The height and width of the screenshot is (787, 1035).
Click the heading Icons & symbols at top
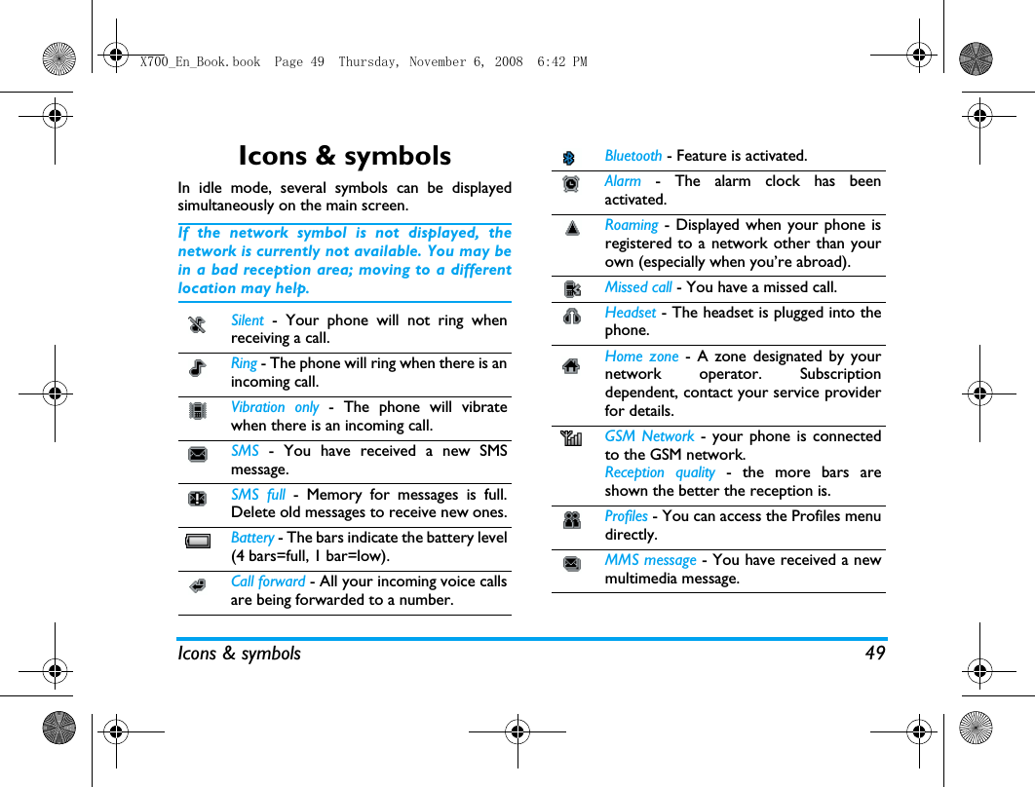pyautogui.click(x=344, y=156)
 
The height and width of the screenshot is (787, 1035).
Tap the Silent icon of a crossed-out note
pyautogui.click(x=197, y=325)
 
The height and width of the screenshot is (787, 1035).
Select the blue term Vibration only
pyautogui.click(x=275, y=407)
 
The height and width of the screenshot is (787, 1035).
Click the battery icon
pyautogui.click(x=197, y=542)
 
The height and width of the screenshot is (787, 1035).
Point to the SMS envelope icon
pyautogui.click(x=197, y=454)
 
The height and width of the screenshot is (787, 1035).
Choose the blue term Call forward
pyautogui.click(x=268, y=581)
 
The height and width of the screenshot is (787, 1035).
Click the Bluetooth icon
pyautogui.click(x=570, y=158)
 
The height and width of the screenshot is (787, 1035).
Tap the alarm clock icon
pyautogui.click(x=571, y=183)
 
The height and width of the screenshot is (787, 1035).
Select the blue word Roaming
pyautogui.click(x=632, y=225)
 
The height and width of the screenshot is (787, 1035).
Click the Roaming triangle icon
pyautogui.click(x=572, y=228)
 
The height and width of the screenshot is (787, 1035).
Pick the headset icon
pyautogui.click(x=572, y=315)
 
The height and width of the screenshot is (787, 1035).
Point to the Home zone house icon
pyautogui.click(x=571, y=366)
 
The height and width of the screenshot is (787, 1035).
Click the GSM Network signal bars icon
pyautogui.click(x=570, y=439)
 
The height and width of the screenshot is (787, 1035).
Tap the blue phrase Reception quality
pyautogui.click(x=660, y=472)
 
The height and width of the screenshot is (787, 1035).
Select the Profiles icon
pyautogui.click(x=572, y=520)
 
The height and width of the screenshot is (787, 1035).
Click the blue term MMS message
pyautogui.click(x=650, y=560)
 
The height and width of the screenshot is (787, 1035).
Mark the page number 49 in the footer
pyautogui.click(x=875, y=654)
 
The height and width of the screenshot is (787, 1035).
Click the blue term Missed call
pyautogui.click(x=638, y=287)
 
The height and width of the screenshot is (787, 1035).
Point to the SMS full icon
pyautogui.click(x=197, y=498)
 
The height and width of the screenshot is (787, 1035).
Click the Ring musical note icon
pyautogui.click(x=197, y=368)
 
